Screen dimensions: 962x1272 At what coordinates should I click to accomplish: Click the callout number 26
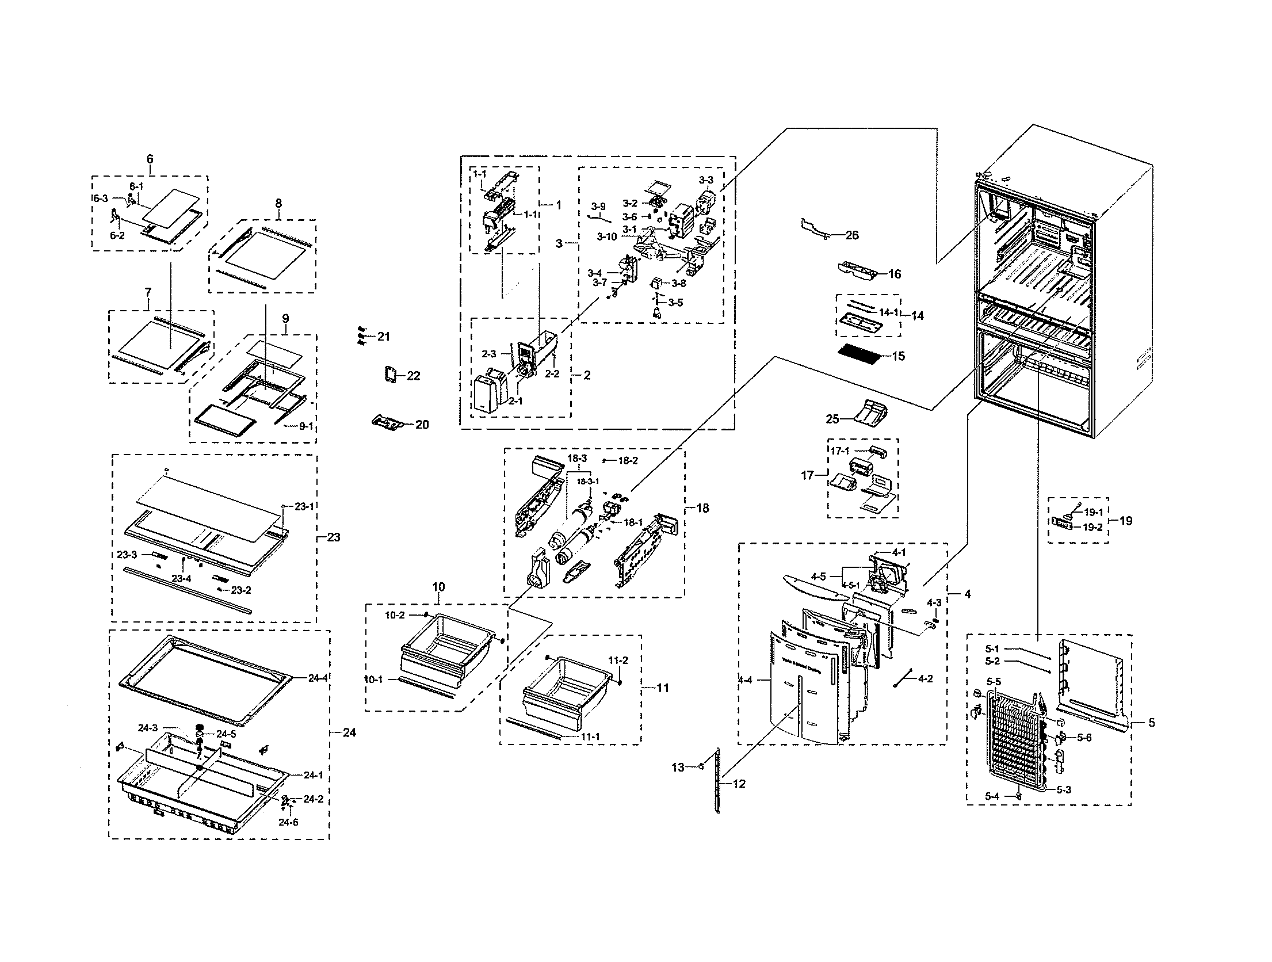[852, 235]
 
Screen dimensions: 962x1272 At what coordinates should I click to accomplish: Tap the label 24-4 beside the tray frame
[318, 678]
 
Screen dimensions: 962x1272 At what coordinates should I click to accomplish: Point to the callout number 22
[413, 376]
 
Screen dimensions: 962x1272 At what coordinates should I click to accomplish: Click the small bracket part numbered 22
[391, 375]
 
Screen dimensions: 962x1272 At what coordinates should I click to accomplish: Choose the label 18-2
[628, 461]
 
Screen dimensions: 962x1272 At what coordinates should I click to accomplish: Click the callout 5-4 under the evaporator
[992, 796]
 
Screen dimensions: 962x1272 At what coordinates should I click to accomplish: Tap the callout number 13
[678, 767]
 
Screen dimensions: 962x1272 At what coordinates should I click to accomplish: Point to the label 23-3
[127, 555]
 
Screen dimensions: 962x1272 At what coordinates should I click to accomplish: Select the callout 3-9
[598, 206]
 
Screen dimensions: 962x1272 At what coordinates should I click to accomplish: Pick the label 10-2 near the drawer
[395, 615]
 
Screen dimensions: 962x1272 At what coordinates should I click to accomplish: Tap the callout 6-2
[117, 235]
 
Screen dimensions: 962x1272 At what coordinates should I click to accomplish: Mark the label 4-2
[925, 679]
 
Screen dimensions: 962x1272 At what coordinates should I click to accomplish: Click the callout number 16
[895, 274]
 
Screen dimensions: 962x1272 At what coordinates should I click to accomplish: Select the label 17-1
[839, 452]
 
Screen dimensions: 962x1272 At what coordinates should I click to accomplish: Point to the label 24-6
[289, 822]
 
